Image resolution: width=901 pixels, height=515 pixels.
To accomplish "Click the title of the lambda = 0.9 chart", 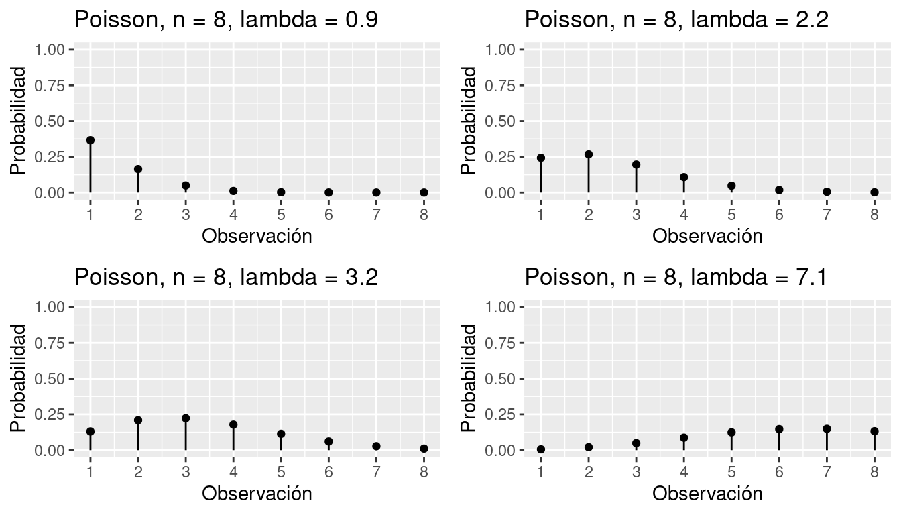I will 226,20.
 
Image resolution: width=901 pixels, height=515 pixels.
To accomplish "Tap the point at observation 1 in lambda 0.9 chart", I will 91,140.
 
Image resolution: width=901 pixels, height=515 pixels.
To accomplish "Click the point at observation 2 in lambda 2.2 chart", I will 589,154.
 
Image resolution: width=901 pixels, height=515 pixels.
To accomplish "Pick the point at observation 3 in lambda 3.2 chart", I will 186,418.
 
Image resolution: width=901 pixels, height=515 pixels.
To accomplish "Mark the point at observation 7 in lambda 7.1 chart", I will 827,428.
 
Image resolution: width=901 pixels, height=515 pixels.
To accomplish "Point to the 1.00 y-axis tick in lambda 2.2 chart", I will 503,50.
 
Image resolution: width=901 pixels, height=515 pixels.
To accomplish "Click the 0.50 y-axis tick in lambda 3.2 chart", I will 52,379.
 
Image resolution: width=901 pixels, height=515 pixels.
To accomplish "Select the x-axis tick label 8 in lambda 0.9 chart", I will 424,215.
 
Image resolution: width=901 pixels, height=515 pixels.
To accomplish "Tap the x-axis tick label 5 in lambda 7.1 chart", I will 731,473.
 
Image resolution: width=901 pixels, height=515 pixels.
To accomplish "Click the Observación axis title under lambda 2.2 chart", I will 707,236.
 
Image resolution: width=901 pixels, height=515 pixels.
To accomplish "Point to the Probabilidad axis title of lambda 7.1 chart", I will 469,378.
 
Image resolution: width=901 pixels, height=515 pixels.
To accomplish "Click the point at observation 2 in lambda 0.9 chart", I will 138,169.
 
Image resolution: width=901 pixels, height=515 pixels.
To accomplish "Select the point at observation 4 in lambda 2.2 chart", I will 684,178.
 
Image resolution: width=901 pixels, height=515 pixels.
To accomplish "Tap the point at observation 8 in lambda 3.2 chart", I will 424,448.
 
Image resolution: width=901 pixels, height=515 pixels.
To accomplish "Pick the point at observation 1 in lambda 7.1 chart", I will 541,449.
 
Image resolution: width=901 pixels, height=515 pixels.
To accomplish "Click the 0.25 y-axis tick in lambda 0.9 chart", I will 52,157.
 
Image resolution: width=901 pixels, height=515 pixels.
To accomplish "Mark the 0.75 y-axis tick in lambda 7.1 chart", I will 503,343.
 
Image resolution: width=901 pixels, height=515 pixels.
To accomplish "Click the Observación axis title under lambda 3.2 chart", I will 257,494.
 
